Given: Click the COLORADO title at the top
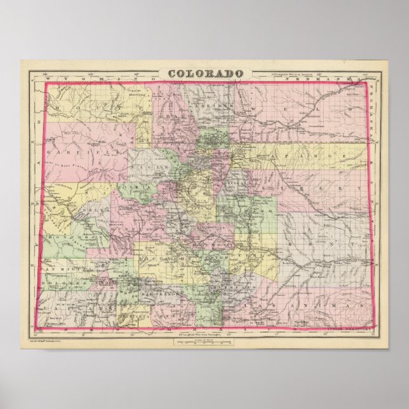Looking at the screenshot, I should pos(205,72).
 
